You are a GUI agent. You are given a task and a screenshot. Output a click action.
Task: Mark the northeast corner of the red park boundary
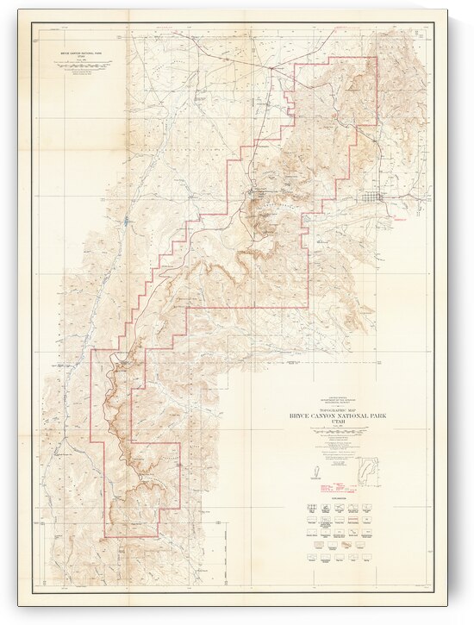pyautogui.click(x=377, y=57)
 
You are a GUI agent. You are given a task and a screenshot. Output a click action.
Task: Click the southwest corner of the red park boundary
pyautogui.click(x=105, y=535)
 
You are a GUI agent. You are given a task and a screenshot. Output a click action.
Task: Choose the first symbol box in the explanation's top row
pyautogui.click(x=309, y=508)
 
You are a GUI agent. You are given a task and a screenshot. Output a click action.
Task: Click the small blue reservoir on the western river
pyautogui.click(x=128, y=222)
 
